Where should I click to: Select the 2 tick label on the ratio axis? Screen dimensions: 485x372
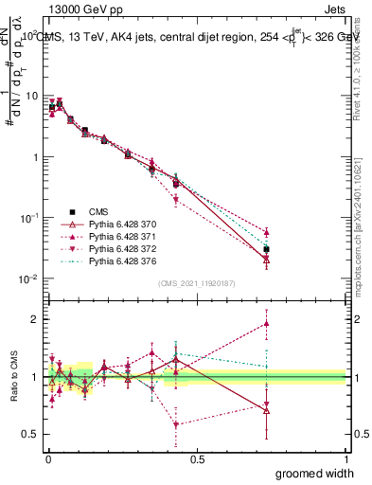(x=35, y=319)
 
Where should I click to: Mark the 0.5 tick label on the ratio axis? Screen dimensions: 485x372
(x=31, y=434)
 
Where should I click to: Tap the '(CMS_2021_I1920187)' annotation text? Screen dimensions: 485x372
(x=196, y=282)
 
